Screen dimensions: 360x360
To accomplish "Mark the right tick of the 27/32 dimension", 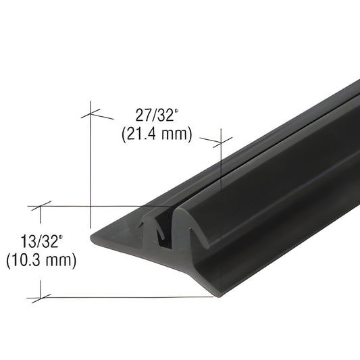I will click(x=220, y=142).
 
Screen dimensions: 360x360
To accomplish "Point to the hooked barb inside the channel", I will click(x=161, y=231).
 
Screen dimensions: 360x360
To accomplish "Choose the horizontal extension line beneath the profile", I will click(x=122, y=297).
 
